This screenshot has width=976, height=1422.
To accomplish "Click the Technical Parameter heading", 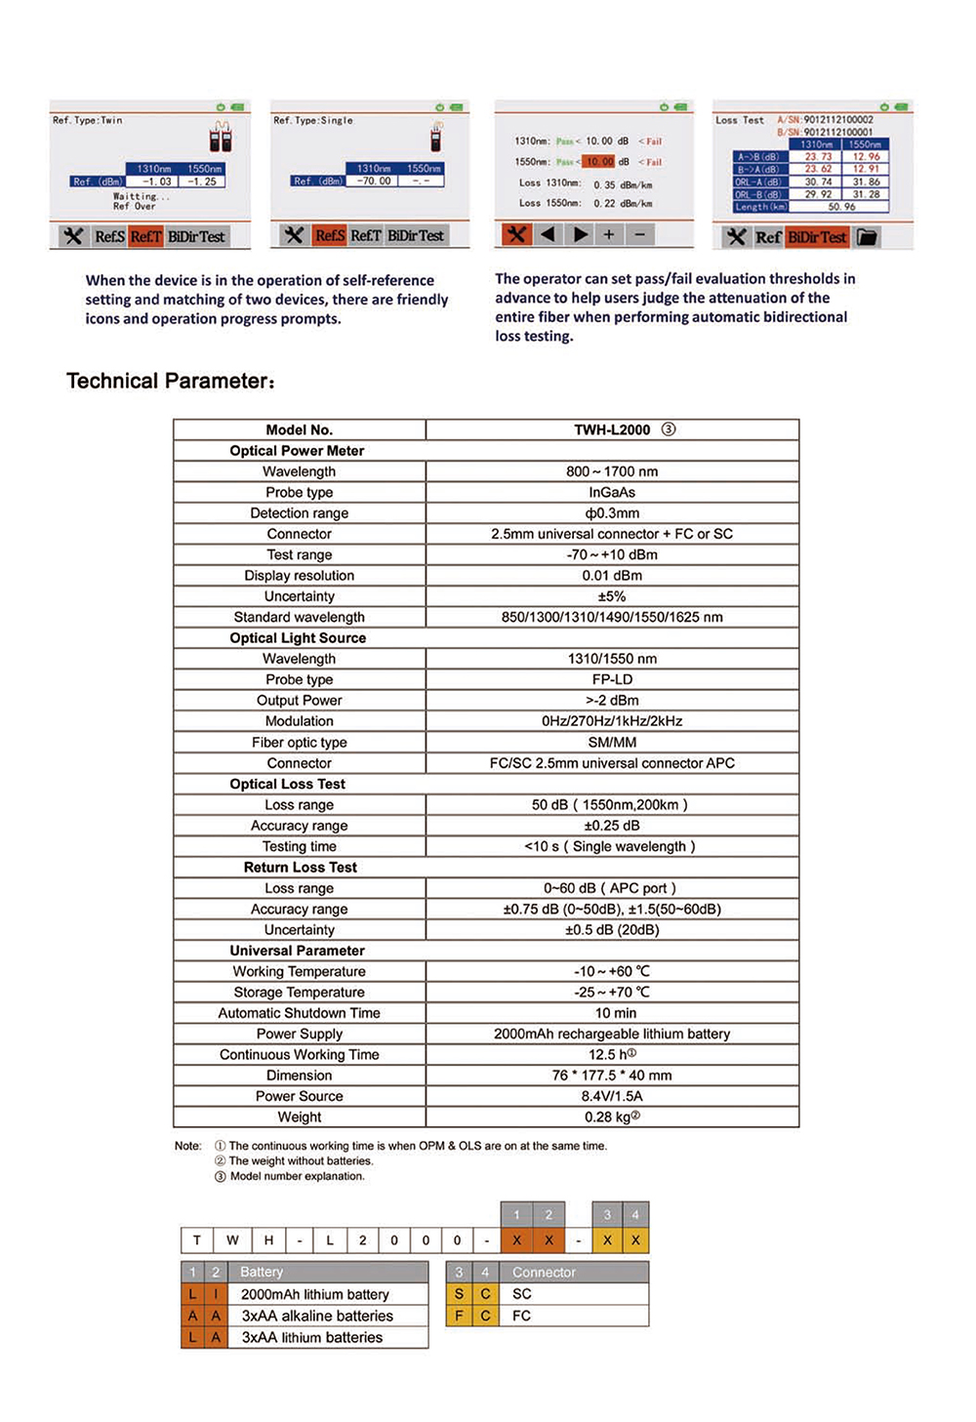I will pos(171,381).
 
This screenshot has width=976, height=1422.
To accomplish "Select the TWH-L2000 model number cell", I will pos(612,429).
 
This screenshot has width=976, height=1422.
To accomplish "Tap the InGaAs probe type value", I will pos(612,493).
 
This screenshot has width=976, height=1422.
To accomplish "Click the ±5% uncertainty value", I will pos(612,596).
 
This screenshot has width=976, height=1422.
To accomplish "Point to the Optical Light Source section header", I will pos(298,638).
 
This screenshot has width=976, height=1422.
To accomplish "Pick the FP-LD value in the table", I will pos(612,679).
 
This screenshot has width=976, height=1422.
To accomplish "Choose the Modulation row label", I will pos(299,721).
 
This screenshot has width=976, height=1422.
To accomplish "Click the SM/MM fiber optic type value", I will pos(612,743).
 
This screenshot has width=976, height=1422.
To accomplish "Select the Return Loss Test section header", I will pos(300,868).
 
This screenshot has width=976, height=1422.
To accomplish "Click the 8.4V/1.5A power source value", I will pos(612,1096).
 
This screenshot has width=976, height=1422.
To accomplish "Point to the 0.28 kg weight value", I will pos(612,1117).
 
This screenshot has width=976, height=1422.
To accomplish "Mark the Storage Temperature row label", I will pos(299,993).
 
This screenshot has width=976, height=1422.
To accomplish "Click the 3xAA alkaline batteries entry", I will pos(317,1316).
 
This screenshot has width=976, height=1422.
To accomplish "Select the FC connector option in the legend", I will pos(522,1316).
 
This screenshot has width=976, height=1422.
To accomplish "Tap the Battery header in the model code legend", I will pos(262,1272).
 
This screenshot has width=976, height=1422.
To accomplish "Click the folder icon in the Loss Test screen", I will pos(867,237).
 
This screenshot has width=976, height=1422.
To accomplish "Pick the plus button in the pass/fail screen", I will pos(608,234).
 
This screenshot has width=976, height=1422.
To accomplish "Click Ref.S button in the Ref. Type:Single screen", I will pos(329,235).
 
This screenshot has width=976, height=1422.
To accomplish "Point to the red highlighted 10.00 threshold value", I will pos(599,162).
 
